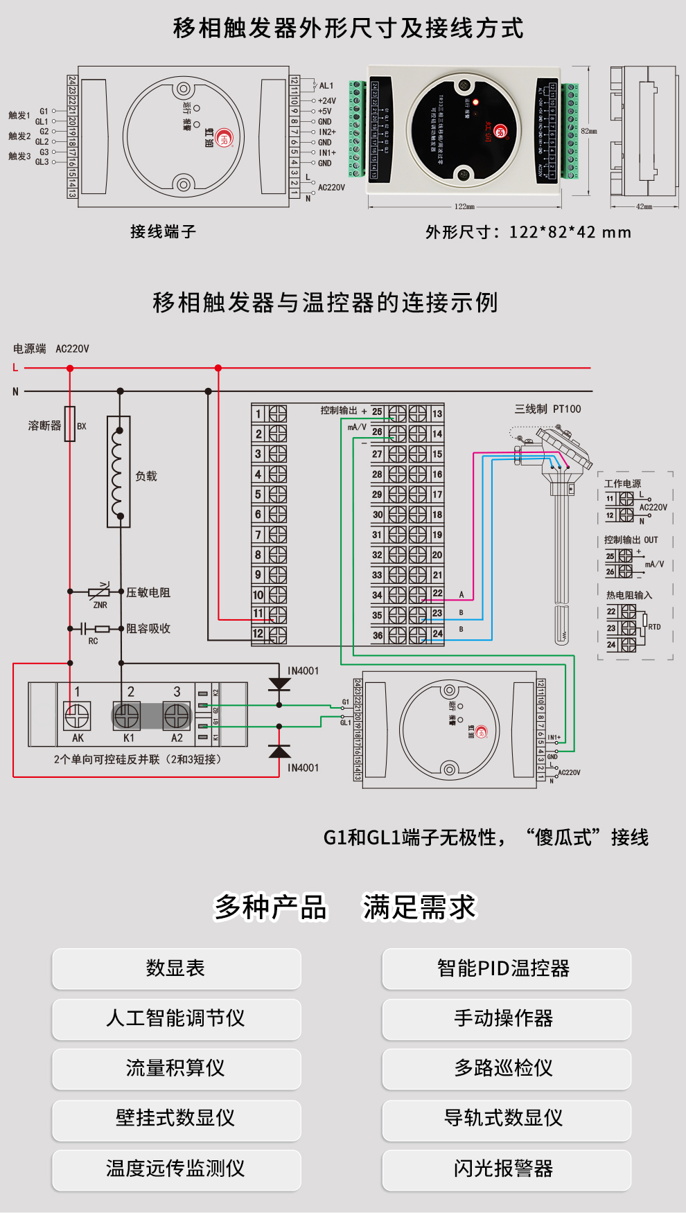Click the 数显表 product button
pos(176,968)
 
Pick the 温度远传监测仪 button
pos(176,1169)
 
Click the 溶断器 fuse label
pos(44,425)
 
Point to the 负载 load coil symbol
pos(118,472)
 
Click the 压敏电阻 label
pos(148,592)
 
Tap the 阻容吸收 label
pos(148,628)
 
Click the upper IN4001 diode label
pos(303,670)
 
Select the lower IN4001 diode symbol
pos(279,752)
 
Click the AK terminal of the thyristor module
pos(78,716)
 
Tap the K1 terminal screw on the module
pos(127,716)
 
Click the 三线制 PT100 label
pos(547,409)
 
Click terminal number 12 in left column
pos(258,634)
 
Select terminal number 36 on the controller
pos(378,635)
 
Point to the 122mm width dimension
pos(464,206)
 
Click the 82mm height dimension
pos(588,131)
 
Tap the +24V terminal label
pos(326,100)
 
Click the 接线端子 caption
pos(163,231)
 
